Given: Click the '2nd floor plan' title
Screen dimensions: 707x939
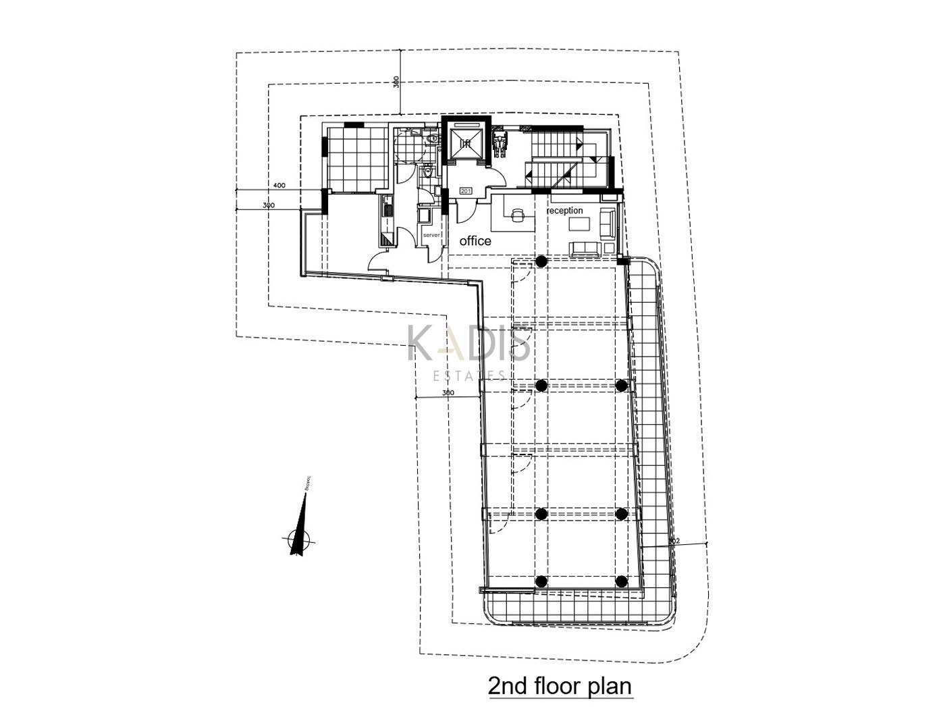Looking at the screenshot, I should point(560,686).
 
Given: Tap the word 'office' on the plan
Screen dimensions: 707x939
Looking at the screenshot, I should point(475,241).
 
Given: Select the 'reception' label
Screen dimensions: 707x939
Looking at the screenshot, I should point(564,211).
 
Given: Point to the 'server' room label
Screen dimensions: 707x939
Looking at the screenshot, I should point(431,235).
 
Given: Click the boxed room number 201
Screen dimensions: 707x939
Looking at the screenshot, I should point(466,191).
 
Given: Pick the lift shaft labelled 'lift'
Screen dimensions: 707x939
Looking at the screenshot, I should point(465,143).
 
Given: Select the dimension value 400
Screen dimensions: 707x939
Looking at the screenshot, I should point(279,185).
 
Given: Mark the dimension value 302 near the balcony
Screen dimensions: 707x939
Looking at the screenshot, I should point(672,541).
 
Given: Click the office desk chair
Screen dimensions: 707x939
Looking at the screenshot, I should point(516,214).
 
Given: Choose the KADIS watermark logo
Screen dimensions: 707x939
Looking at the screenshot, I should point(469,344).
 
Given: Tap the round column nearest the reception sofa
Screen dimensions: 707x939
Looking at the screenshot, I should point(541,261).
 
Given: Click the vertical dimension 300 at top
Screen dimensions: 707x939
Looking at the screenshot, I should point(396,82).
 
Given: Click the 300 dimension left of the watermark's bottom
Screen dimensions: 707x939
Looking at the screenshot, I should point(448,392).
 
